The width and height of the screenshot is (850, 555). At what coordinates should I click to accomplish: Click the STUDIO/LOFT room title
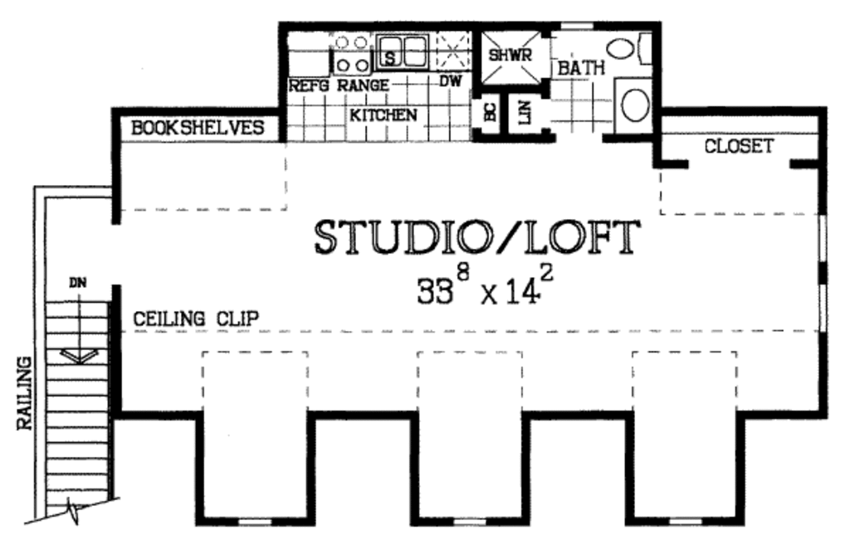[477, 237]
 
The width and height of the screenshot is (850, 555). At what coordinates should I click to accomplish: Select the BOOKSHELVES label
[198, 128]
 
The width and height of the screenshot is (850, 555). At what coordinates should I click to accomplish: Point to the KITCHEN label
[383, 115]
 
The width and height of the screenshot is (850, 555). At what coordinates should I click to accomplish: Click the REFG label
[310, 85]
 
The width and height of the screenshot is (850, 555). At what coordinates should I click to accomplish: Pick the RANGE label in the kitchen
[363, 85]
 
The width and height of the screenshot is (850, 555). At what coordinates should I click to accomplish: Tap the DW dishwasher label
[450, 81]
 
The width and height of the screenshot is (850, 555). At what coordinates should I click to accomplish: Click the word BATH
[581, 69]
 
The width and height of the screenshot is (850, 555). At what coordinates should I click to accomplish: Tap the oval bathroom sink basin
[636, 105]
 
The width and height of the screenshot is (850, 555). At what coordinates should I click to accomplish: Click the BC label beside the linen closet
[489, 114]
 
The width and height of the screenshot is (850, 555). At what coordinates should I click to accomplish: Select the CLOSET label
[739, 147]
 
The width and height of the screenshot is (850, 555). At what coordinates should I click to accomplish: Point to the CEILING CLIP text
[196, 318]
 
